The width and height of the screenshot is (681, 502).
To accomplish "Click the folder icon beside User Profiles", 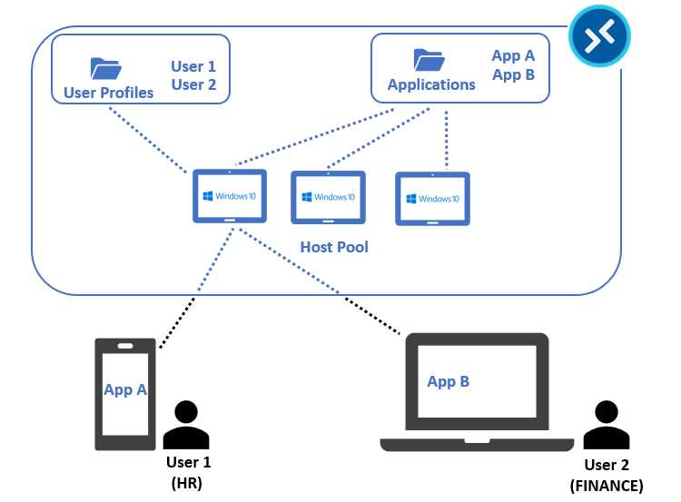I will pos(105,68).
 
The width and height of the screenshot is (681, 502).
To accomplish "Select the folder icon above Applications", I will pos(429,60).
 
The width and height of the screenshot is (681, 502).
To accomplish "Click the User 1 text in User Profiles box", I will pos(200,66).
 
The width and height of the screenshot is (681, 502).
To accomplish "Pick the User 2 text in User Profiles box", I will pos(200,85).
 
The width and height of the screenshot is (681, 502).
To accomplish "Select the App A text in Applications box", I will pos(513,56).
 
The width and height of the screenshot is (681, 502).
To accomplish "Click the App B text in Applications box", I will pos(513,75).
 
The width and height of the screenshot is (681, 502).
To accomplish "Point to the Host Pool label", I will pos(334,247).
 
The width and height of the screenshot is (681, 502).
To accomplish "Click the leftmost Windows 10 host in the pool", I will pos(230,196).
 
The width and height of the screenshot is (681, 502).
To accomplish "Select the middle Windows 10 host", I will pos(328,198).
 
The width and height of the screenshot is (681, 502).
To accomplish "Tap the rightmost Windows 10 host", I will pos(433,199).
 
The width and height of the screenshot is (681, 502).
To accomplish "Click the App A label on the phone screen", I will pos(125,389).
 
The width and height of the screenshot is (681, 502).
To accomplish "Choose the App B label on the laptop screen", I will pos(449,381).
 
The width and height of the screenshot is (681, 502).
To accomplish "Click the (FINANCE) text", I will pos(606,486).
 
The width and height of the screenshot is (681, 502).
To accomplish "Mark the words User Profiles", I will pos(109,93).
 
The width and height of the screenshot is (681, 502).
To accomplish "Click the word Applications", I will pos(431,84).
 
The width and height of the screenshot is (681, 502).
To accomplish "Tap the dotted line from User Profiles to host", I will pos(150,139).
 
